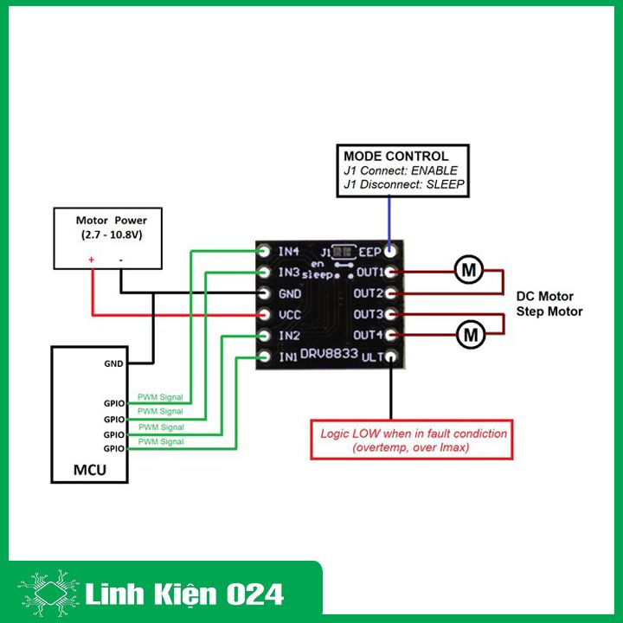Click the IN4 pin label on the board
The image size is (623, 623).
tap(288, 252)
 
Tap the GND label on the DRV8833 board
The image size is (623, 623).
tap(290, 294)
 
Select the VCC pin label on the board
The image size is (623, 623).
tap(290, 315)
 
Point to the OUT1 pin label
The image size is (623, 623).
tap(370, 273)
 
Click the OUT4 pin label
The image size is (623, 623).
tap(368, 335)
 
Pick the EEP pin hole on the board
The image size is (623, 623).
tap(390, 251)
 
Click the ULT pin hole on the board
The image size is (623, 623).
tap(391, 356)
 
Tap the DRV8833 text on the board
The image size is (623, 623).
tap(329, 353)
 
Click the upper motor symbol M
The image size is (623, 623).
tap(469, 270)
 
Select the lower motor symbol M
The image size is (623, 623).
tap(471, 335)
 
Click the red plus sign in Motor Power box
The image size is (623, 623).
tap(92, 260)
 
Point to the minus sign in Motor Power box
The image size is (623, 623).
tap(121, 260)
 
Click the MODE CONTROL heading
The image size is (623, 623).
tap(395, 156)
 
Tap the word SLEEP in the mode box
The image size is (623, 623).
tap(445, 184)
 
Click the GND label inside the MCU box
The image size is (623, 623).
tap(113, 363)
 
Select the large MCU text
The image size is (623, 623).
tap(90, 470)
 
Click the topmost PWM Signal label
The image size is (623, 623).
tap(160, 397)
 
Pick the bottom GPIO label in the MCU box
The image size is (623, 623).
tap(114, 448)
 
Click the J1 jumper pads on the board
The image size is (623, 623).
tap(344, 252)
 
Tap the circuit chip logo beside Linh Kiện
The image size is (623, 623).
tap(48, 593)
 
